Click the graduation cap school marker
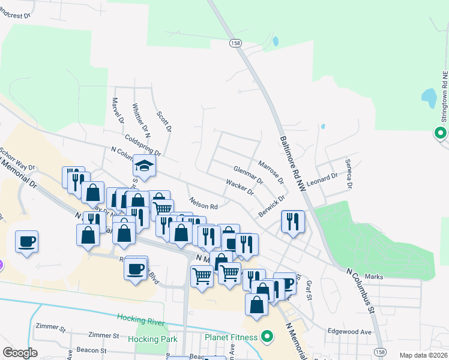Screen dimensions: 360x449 pyautogui.click(x=144, y=165)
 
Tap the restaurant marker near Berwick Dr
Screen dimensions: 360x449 pyautogui.click(x=293, y=221)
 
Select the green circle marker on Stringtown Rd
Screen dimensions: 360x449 pyautogui.click(x=441, y=133)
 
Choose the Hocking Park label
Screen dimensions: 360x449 pyautogui.click(x=153, y=339)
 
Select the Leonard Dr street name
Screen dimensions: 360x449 pyautogui.click(x=322, y=179)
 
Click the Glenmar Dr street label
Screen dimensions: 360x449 pyautogui.click(x=248, y=176)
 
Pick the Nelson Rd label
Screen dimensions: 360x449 pyautogui.click(x=202, y=204)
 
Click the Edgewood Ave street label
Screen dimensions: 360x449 pyautogui.click(x=349, y=331)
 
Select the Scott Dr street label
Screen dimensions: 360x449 pyautogui.click(x=164, y=122)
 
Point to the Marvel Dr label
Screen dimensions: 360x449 pyautogui.click(x=118, y=112)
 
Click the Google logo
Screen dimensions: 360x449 pyautogui.click(x=20, y=353)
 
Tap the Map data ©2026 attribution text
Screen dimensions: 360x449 pyautogui.click(x=423, y=355)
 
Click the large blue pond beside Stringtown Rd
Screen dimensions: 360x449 pyautogui.click(x=429, y=96)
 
